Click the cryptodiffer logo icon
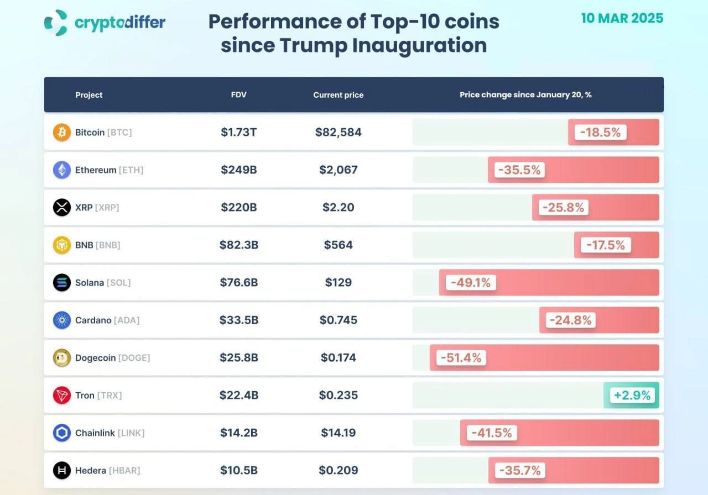pos(56,23)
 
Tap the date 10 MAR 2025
pos(622,18)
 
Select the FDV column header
pos(238,95)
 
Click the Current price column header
pos(338,95)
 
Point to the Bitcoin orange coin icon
pos(62,133)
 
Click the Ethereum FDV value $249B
pos(238,170)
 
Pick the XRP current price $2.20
pos(338,208)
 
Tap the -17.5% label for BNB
pos(606,245)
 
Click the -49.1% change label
pos(471,283)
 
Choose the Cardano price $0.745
pos(338,320)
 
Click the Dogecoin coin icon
pos(62,358)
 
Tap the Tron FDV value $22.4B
pos(238,396)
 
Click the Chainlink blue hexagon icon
pos(62,433)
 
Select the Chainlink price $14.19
pos(338,433)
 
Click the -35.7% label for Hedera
pos(520,471)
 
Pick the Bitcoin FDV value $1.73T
pos(238,133)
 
